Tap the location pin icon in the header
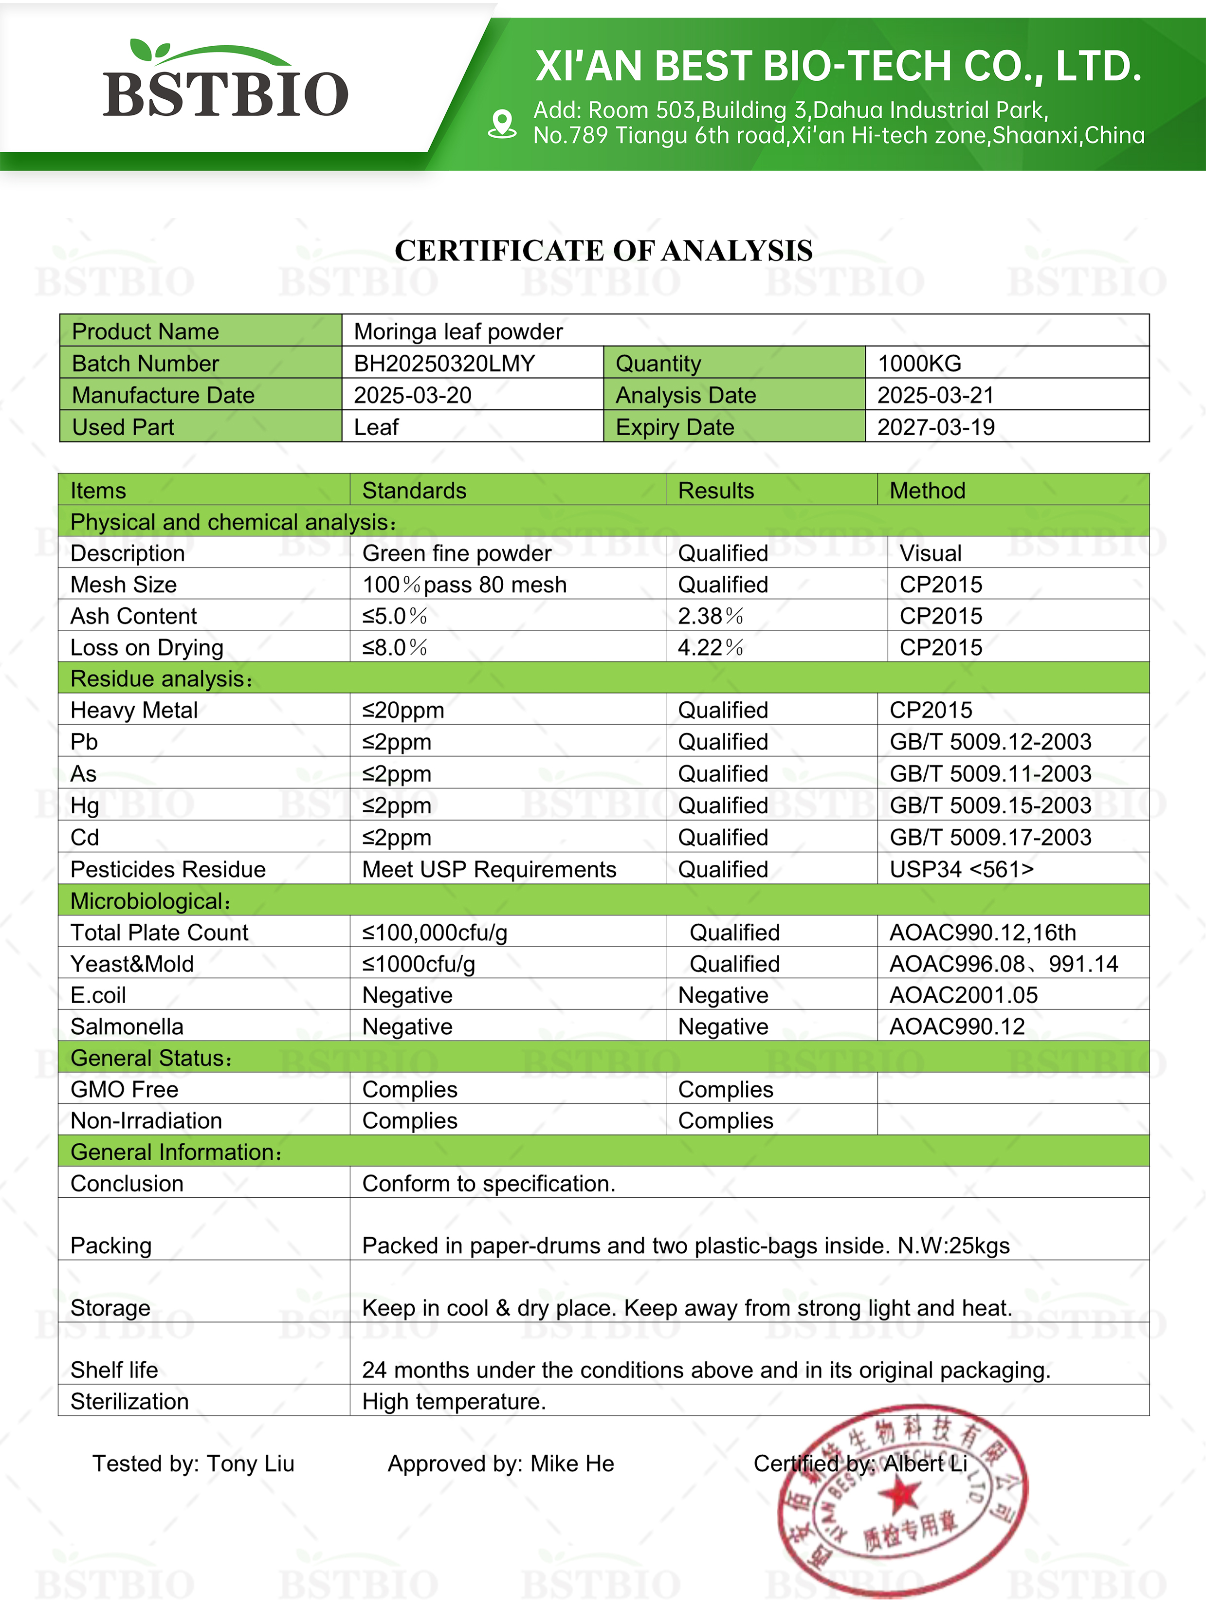(x=501, y=124)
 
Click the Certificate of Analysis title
(x=603, y=250)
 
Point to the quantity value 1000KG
(x=919, y=363)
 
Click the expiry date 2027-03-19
(x=935, y=427)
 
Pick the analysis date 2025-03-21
(x=935, y=395)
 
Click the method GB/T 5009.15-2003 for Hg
(x=990, y=805)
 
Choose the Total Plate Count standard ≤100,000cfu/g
(x=435, y=933)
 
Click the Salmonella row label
(x=127, y=1027)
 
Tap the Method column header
(x=927, y=491)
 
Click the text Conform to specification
(x=488, y=1184)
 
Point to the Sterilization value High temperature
(x=454, y=1402)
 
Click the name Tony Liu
(x=250, y=1464)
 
